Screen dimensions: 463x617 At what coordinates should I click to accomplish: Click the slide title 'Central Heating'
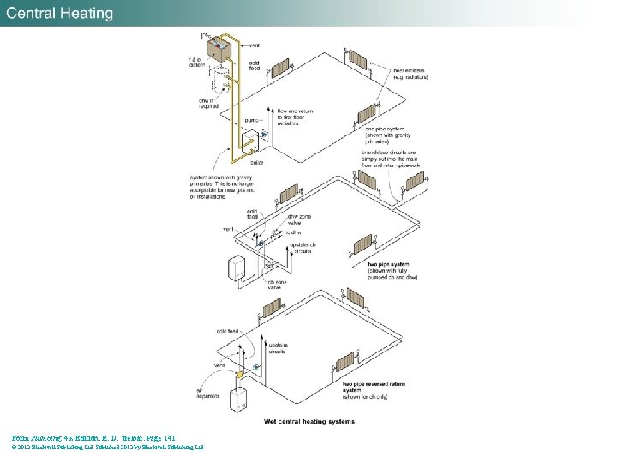60,14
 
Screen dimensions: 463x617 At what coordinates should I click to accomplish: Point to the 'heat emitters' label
410,74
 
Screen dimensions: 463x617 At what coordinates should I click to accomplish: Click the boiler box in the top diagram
249,145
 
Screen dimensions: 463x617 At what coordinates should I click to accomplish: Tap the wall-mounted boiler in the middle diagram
236,268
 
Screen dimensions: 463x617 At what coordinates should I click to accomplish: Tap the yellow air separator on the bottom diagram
241,374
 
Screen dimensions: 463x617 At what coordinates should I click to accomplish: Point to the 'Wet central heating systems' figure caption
309,421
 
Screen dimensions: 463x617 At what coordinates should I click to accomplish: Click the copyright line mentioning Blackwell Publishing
107,447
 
